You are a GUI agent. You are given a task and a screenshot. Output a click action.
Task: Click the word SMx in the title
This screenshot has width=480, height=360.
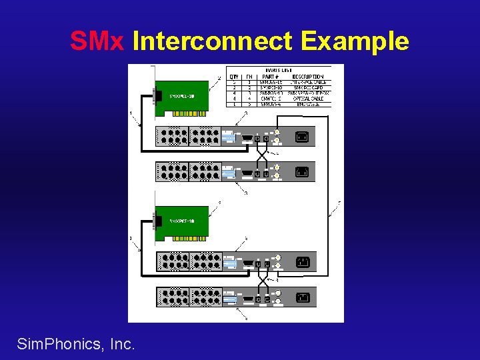click(x=97, y=42)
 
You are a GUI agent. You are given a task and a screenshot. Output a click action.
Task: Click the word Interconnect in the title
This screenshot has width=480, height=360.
click(x=212, y=42)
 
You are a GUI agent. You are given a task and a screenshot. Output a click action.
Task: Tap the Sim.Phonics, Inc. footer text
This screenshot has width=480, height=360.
click(x=76, y=344)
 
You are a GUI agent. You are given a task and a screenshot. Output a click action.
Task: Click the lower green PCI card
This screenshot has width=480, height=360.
click(x=181, y=222)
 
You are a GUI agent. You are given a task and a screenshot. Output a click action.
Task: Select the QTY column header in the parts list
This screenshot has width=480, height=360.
click(x=235, y=77)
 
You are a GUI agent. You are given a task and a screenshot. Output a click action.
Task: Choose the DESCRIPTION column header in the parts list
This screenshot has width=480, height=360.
click(x=307, y=77)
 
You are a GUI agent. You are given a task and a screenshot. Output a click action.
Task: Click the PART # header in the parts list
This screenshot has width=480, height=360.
click(x=271, y=77)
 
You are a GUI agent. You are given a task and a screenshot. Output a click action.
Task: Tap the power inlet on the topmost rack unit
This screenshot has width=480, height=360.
click(x=302, y=137)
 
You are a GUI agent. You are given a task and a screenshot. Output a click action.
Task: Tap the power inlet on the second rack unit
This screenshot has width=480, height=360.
click(x=302, y=171)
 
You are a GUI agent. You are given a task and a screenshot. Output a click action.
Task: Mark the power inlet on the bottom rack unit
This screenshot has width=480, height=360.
click(x=303, y=297)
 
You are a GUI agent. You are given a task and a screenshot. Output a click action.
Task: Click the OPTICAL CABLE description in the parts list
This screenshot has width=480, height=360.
click(x=308, y=98)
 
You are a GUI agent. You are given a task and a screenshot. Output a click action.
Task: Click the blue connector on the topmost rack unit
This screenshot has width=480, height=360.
click(x=229, y=137)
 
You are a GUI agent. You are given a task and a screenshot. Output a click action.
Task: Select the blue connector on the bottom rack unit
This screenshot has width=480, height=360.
click(x=231, y=299)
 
